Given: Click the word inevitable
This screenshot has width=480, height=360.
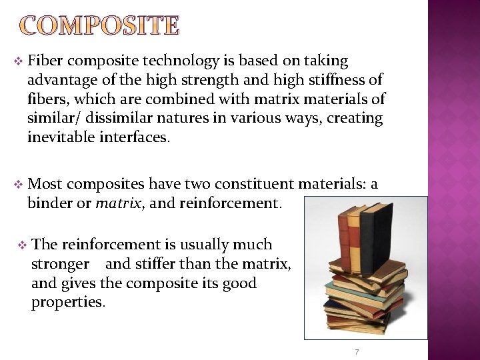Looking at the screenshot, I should tap(61, 138).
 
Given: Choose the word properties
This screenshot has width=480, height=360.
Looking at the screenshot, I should tap(67, 303).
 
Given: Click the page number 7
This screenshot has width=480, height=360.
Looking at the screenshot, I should tap(357, 351).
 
